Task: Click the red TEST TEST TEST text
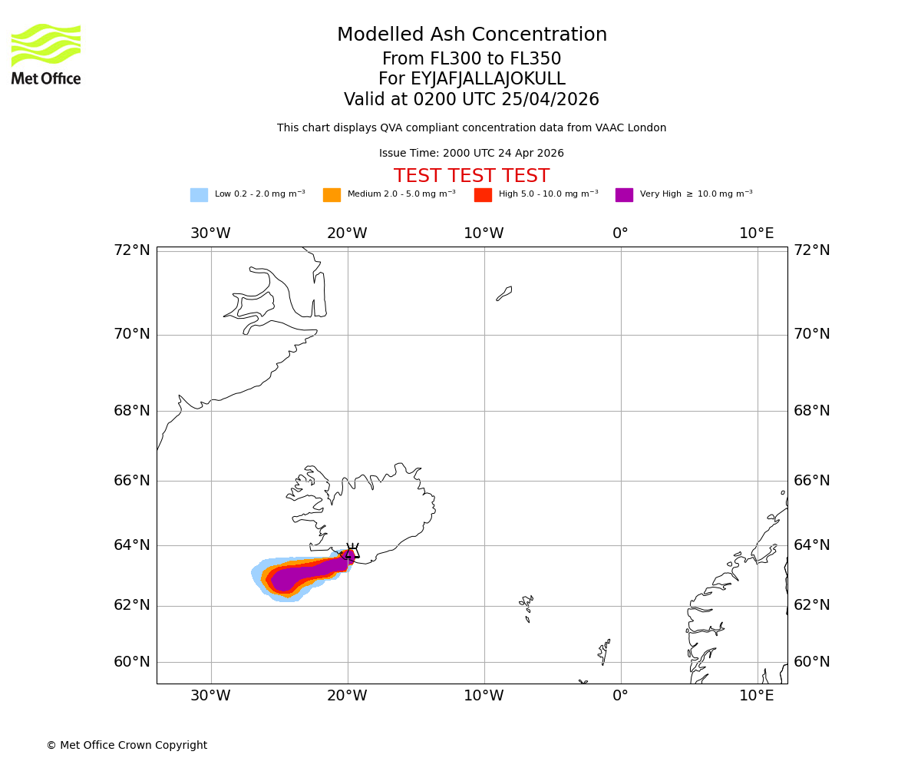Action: pyautogui.click(x=471, y=177)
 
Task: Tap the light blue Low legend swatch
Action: pyautogui.click(x=199, y=195)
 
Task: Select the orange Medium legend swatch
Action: pyautogui.click(x=332, y=195)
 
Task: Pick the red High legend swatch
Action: pyautogui.click(x=483, y=195)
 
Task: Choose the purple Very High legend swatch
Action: pyautogui.click(x=624, y=195)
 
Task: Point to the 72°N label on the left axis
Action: pyautogui.click(x=132, y=250)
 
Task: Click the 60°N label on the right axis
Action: pyautogui.click(x=812, y=662)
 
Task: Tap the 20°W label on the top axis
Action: pyautogui.click(x=347, y=233)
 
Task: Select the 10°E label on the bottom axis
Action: pyautogui.click(x=757, y=696)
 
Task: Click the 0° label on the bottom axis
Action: pyautogui.click(x=620, y=696)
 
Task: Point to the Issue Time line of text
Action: pyautogui.click(x=471, y=154)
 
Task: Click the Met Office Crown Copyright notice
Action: pyautogui.click(x=127, y=746)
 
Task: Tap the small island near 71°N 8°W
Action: pyautogui.click(x=504, y=293)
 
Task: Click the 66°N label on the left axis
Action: pyautogui.click(x=132, y=481)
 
